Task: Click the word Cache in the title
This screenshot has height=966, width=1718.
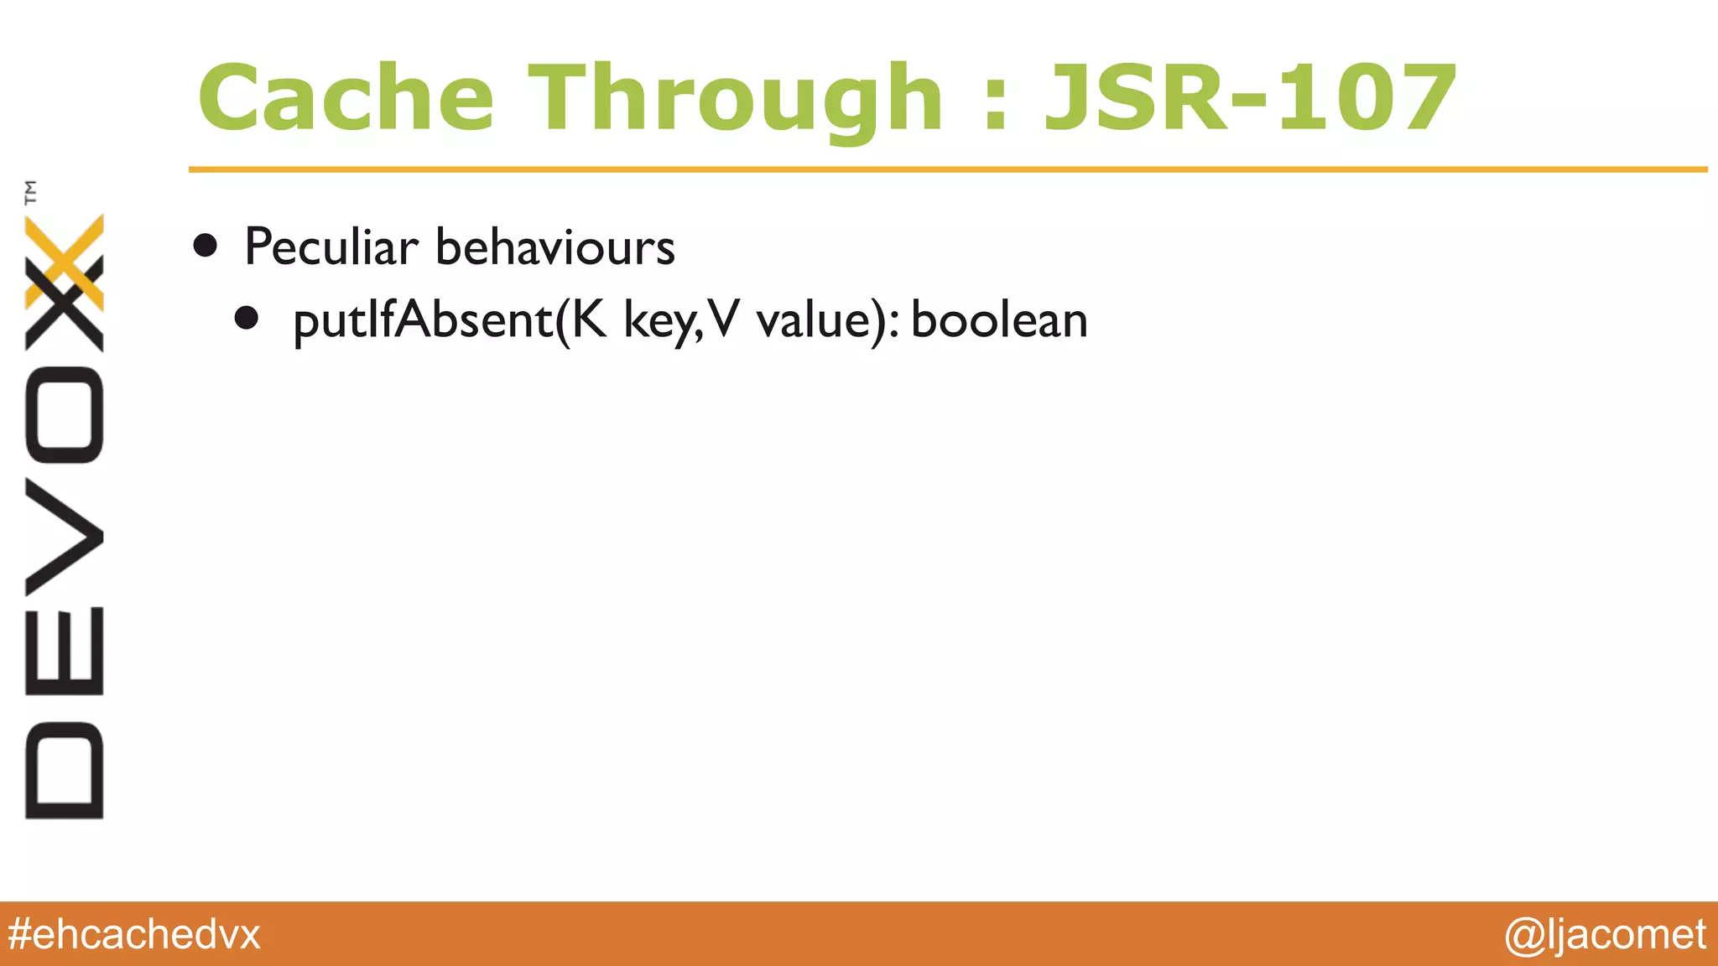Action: [346, 98]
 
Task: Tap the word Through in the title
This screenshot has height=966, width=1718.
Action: [736, 100]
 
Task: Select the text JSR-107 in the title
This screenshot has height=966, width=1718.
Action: [1249, 98]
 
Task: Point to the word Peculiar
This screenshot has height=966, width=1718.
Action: [331, 247]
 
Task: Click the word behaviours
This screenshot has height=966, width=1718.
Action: [555, 247]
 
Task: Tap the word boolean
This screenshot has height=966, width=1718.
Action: [999, 320]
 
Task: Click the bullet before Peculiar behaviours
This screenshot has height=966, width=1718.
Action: [206, 246]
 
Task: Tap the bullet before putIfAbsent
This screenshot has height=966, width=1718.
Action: [247, 319]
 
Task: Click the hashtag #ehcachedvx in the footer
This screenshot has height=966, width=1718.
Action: [134, 934]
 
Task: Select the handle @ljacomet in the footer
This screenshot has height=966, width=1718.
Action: [1605, 934]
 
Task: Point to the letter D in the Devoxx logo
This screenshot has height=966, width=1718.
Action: [65, 770]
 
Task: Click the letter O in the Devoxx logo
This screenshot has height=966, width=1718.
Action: [65, 415]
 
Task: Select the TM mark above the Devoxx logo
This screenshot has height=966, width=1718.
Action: [31, 192]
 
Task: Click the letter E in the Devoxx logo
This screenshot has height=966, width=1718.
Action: [65, 651]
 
